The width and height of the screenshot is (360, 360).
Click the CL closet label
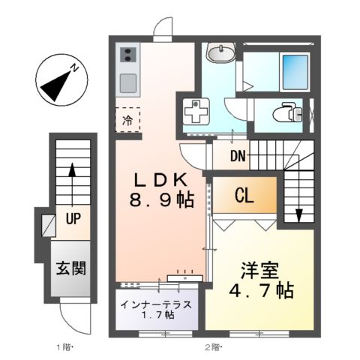coord(243,197)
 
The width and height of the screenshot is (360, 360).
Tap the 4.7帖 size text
coord(261,289)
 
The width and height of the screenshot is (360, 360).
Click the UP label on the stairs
coord(73,220)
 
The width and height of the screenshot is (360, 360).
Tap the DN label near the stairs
coord(238,157)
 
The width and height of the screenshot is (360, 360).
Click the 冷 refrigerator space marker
coord(127,119)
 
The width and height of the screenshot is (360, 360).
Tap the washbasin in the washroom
coord(221,54)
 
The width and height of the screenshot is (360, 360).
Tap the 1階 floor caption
coord(62,347)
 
